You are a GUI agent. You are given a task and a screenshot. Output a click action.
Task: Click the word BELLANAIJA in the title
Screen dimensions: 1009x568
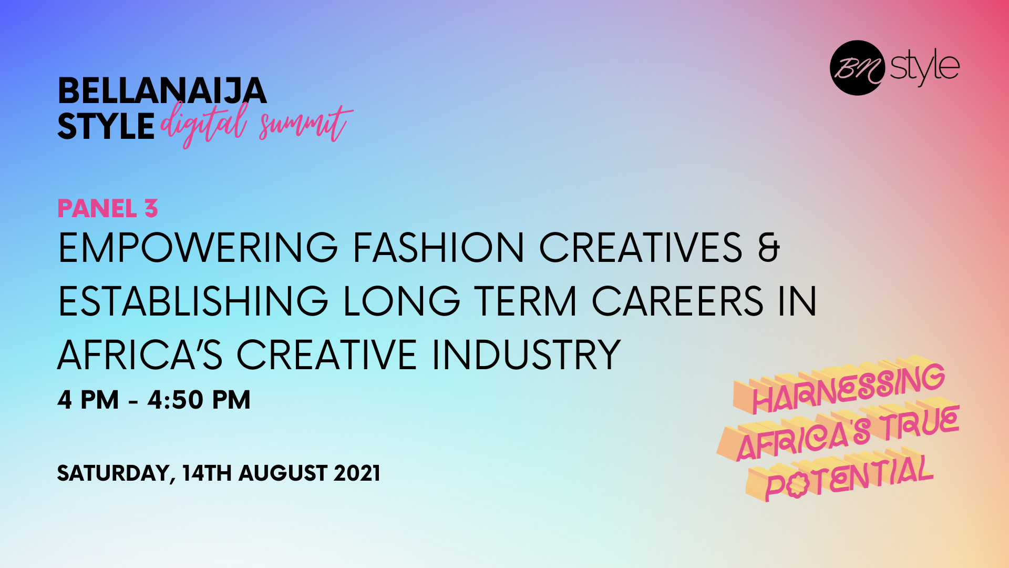click(x=162, y=91)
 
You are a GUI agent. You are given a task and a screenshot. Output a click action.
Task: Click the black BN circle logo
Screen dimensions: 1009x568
click(x=857, y=68)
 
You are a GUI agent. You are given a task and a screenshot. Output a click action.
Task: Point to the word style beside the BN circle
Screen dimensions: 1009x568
click(x=925, y=67)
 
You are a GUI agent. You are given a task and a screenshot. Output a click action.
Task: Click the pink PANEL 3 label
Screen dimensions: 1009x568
click(x=108, y=209)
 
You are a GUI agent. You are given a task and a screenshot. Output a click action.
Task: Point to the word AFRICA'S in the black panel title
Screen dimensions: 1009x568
click(x=140, y=355)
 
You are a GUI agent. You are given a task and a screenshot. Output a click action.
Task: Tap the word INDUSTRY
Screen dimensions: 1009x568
click(x=527, y=355)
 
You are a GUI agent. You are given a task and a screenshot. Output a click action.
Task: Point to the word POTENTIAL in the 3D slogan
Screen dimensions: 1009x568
click(x=847, y=476)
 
